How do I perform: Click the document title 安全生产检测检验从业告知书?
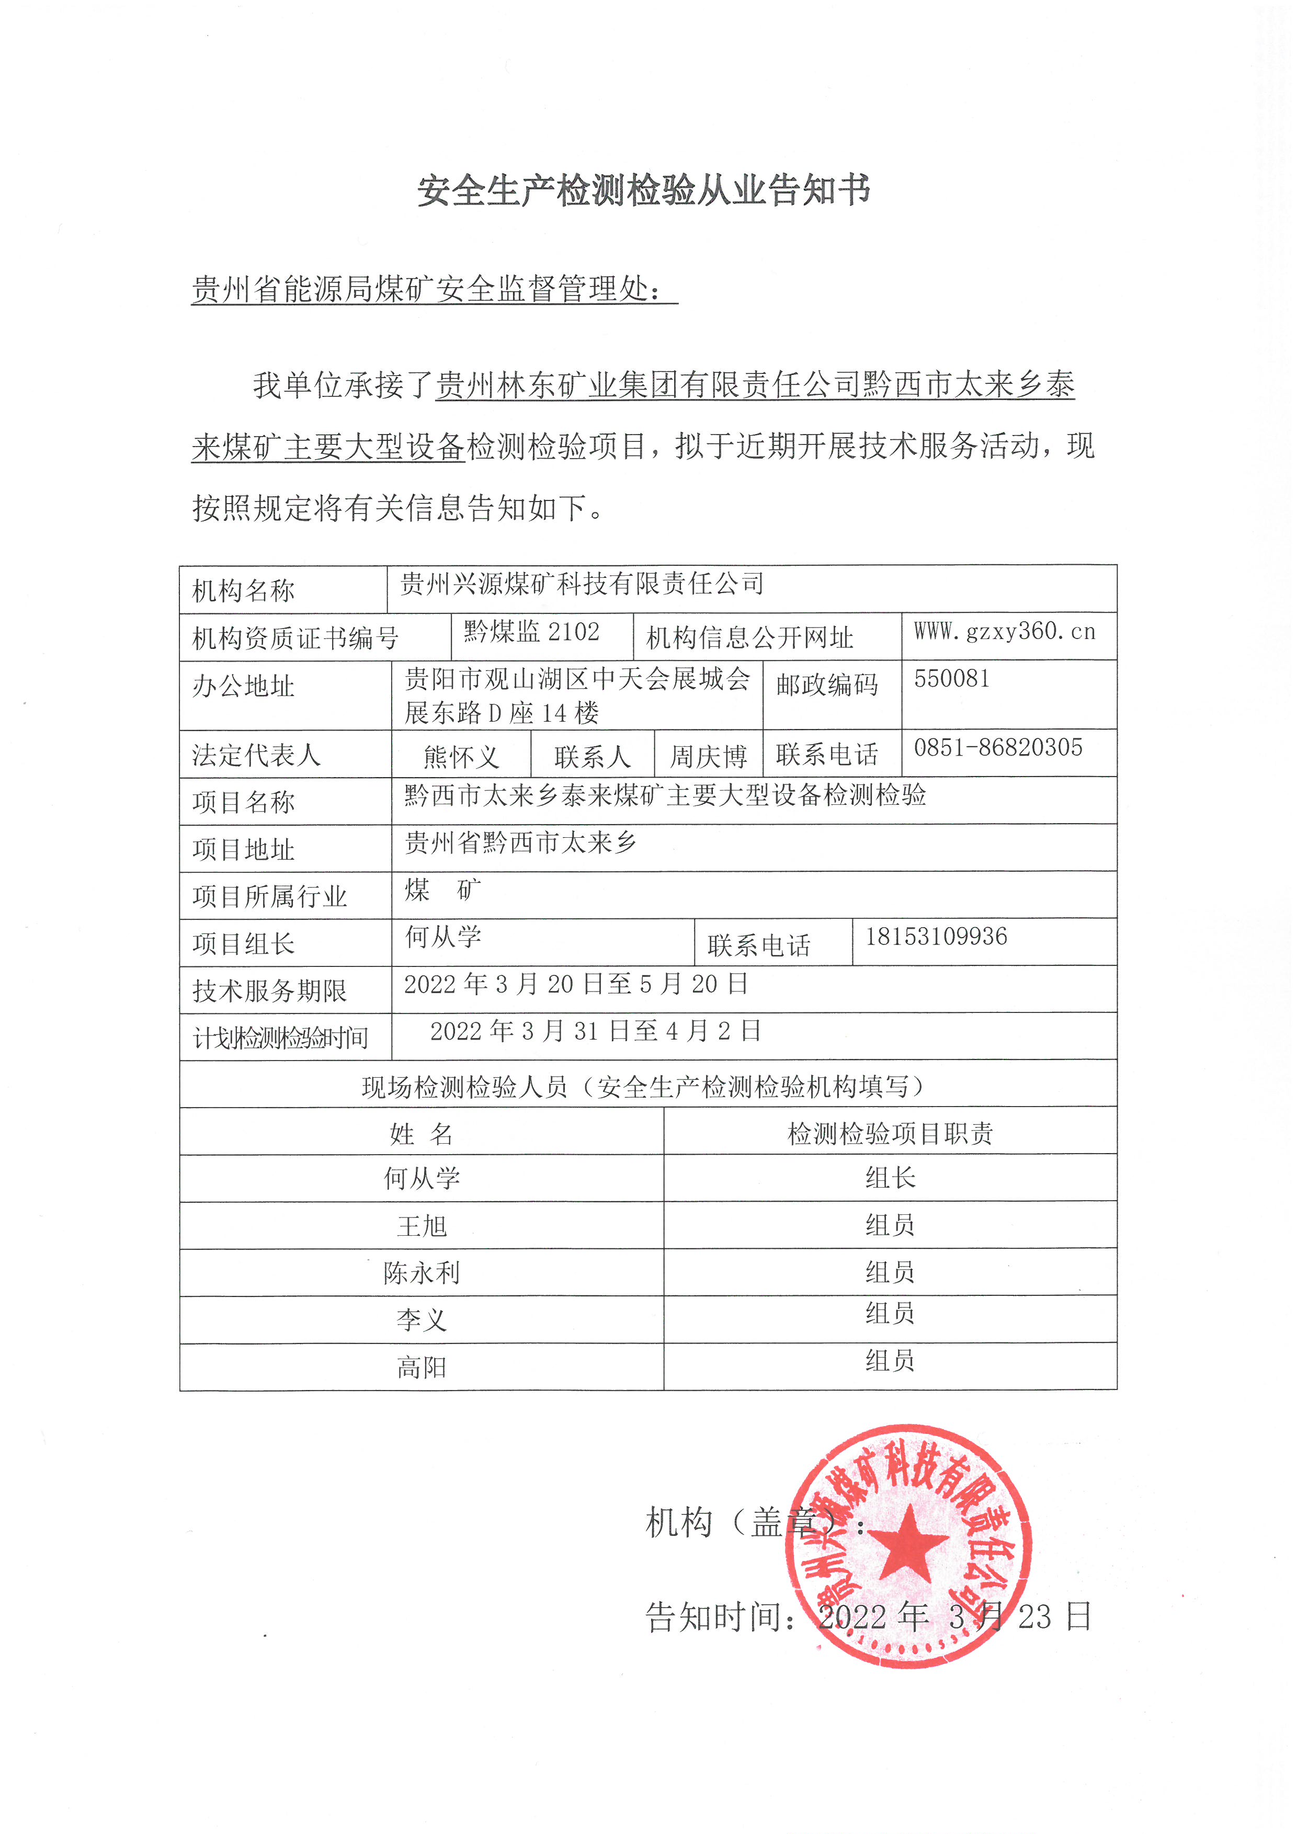tap(644, 191)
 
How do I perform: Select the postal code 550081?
tap(952, 679)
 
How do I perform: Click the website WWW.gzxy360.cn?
tap(1005, 632)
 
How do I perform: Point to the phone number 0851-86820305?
tap(998, 748)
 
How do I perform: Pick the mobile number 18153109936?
tap(937, 936)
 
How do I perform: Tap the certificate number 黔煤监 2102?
tap(531, 632)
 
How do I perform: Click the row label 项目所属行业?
tap(270, 896)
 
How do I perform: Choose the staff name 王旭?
tap(422, 1225)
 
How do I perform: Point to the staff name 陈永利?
tap(422, 1272)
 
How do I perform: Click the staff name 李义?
tap(422, 1319)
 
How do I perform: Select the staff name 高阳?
tap(422, 1368)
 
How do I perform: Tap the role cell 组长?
tap(890, 1177)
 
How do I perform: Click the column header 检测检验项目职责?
tap(890, 1133)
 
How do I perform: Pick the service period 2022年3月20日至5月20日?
tap(576, 984)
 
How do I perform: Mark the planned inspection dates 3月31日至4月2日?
tap(595, 1031)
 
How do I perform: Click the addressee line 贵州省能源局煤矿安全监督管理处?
tap(427, 289)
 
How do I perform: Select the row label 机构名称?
tap(244, 591)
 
